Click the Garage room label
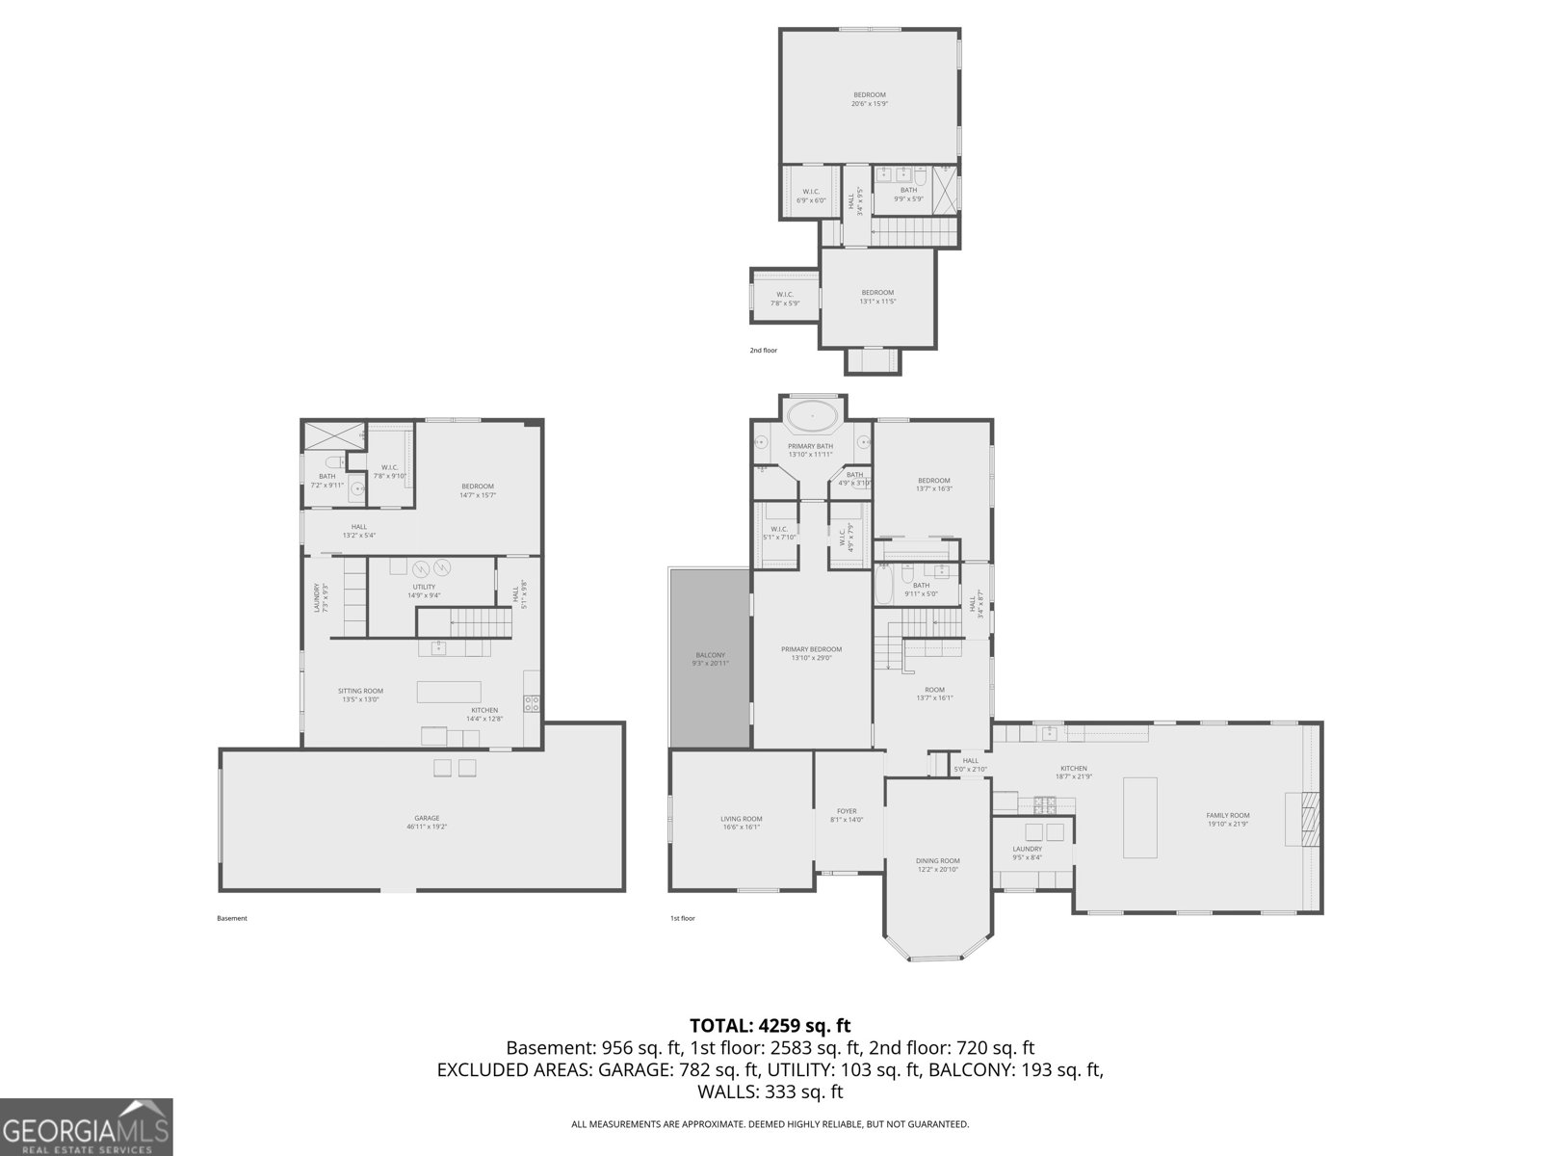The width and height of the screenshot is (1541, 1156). click(427, 822)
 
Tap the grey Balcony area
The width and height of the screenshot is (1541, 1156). click(710, 658)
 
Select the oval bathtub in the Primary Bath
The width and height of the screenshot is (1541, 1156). click(811, 417)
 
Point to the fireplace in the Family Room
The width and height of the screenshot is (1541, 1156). click(1307, 818)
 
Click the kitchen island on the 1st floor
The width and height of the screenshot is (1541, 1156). click(1140, 817)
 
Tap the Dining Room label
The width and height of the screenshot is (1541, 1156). click(937, 865)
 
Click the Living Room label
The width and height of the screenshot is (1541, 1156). click(741, 823)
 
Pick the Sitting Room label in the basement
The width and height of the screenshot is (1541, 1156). click(360, 695)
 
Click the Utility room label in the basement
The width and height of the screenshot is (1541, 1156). click(424, 591)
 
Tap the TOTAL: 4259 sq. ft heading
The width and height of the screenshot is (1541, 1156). click(770, 1026)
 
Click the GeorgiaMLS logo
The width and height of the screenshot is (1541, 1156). click(86, 1126)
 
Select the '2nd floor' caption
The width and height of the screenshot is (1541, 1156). click(763, 351)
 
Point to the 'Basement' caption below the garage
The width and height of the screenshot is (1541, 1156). click(231, 918)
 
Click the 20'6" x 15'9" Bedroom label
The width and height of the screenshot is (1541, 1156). click(869, 99)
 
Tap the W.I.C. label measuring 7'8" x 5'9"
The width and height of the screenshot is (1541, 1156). click(784, 299)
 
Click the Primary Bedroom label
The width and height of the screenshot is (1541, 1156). click(811, 653)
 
